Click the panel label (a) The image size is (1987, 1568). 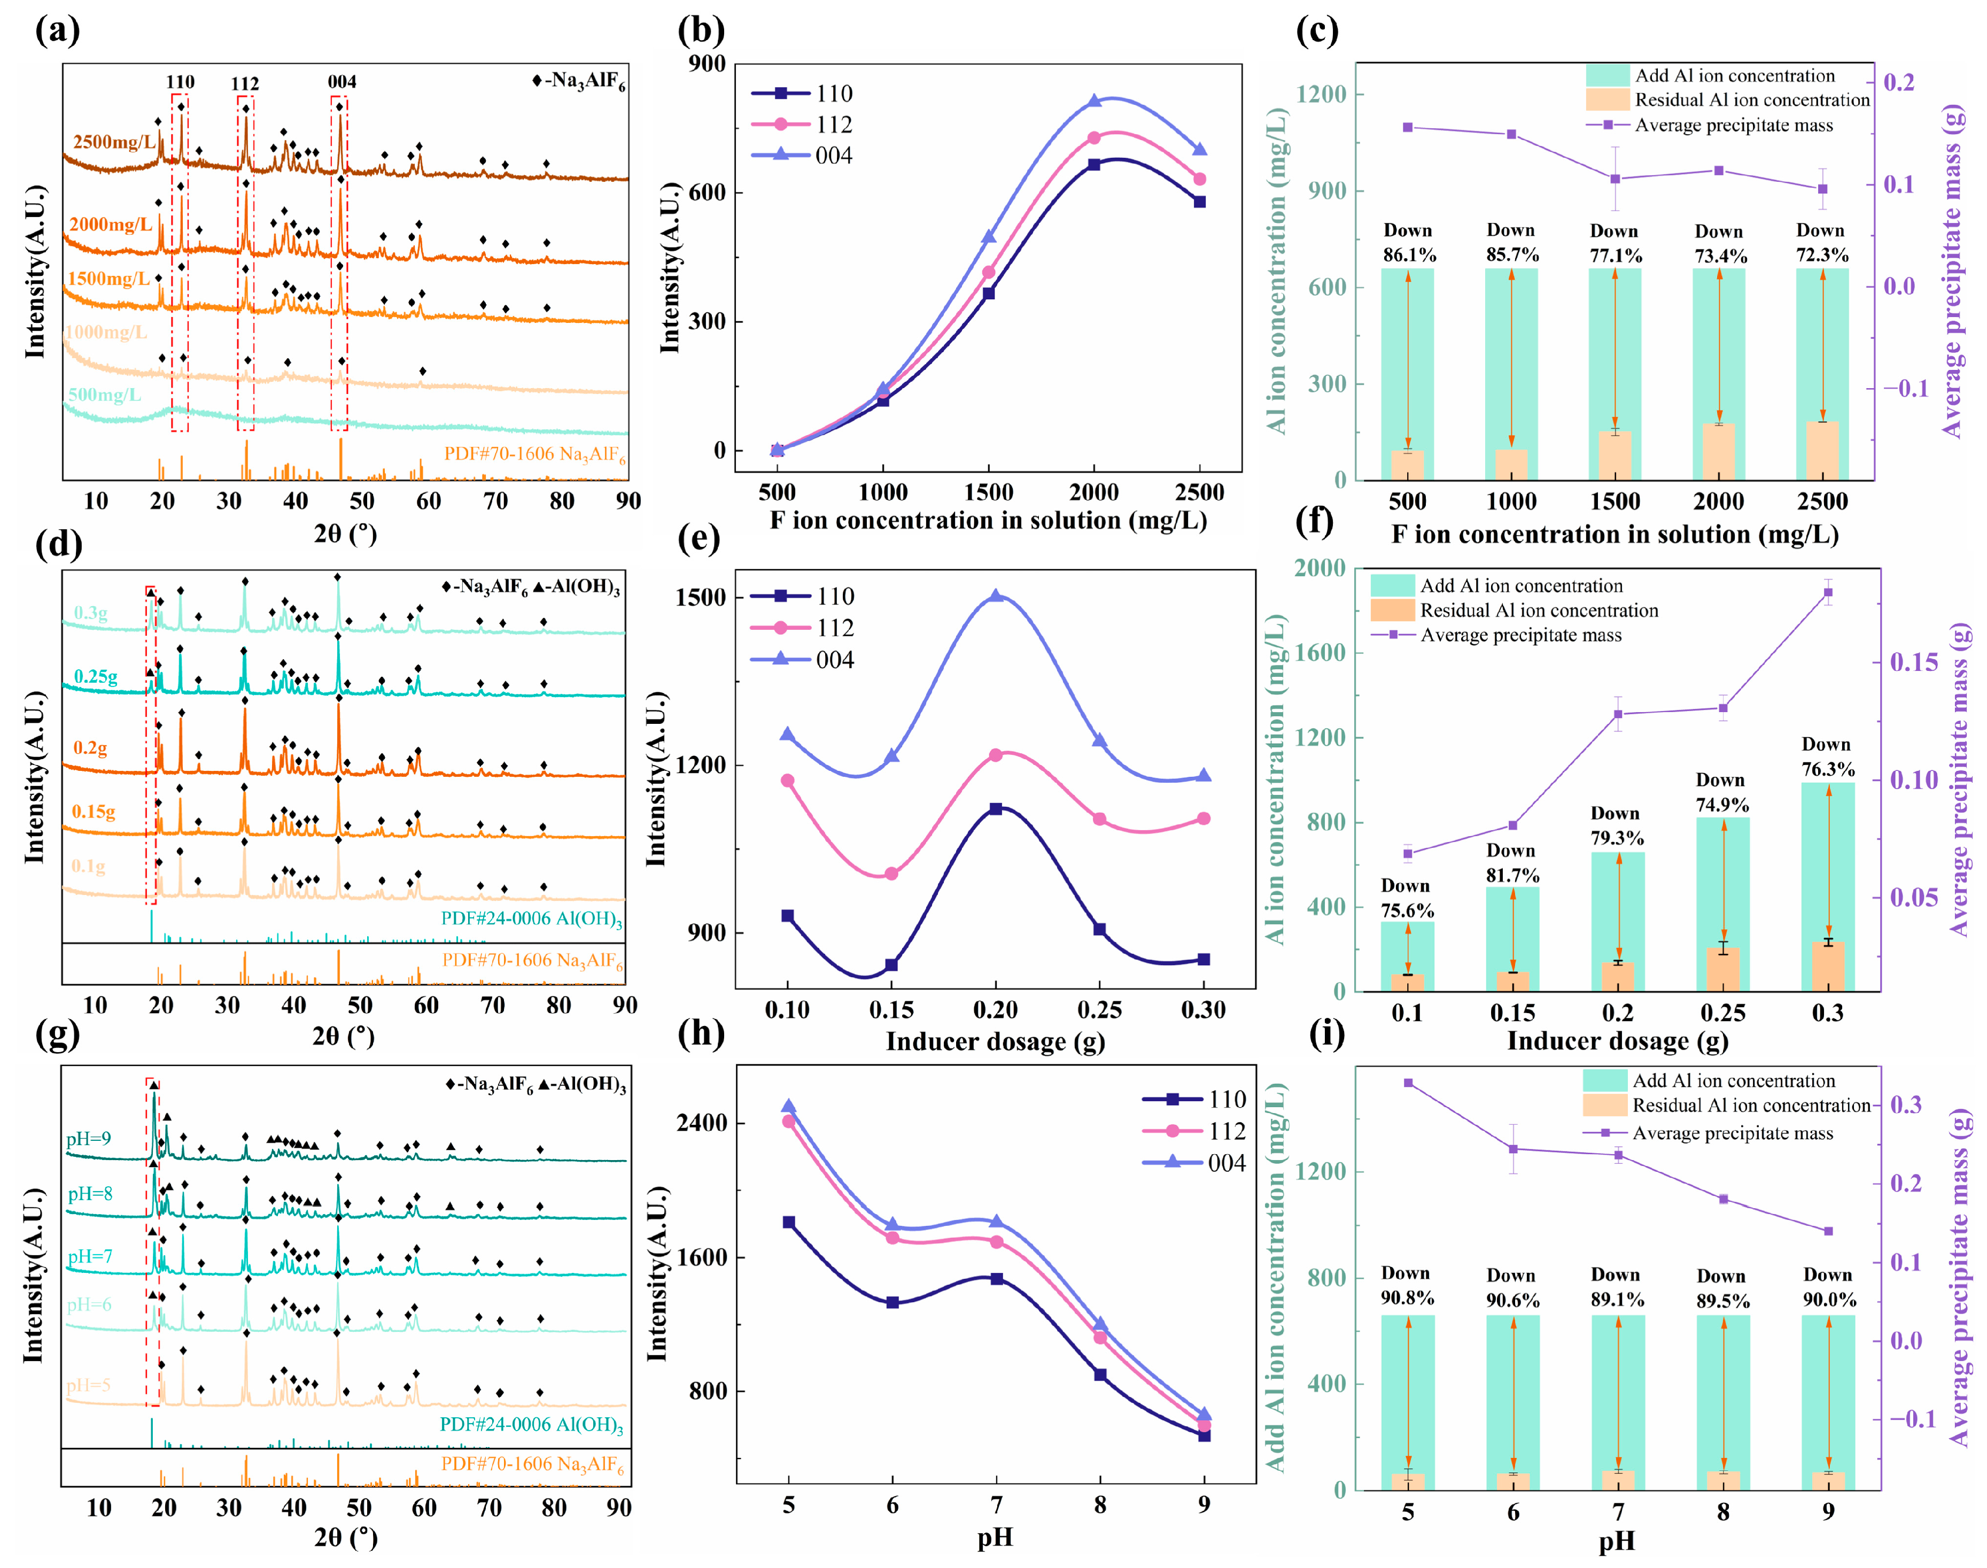pyautogui.click(x=57, y=30)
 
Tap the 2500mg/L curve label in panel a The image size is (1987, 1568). pyautogui.click(x=114, y=141)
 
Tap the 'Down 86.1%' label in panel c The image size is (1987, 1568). pyautogui.click(x=1409, y=243)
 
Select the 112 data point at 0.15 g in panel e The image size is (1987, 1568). pyautogui.click(x=891, y=873)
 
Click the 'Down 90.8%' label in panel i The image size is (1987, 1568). pyautogui.click(x=1407, y=1285)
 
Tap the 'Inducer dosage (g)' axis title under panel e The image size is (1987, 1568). pyautogui.click(x=995, y=1041)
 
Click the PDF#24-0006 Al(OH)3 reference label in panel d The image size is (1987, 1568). pyautogui.click(x=531, y=919)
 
